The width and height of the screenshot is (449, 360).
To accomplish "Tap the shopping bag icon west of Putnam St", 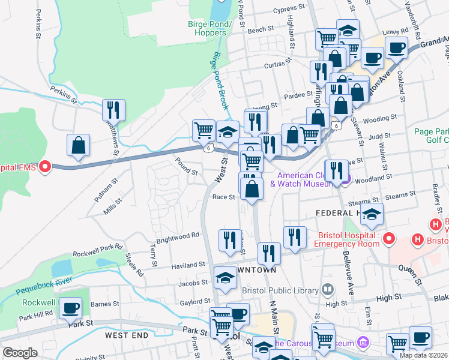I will (x=78, y=145).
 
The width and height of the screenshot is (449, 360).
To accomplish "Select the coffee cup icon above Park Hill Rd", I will (x=70, y=308).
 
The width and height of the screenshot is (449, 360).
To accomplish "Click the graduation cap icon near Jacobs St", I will (x=225, y=278).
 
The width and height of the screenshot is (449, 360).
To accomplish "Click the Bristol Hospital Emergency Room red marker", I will (x=388, y=239).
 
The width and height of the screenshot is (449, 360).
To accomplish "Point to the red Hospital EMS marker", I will (x=44, y=167).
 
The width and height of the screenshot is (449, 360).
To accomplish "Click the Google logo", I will (x=20, y=353).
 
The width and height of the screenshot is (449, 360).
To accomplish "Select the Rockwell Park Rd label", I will (x=97, y=250).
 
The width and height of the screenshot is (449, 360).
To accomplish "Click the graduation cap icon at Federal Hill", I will (x=372, y=214).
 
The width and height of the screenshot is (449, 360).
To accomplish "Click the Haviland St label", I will (x=188, y=265).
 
